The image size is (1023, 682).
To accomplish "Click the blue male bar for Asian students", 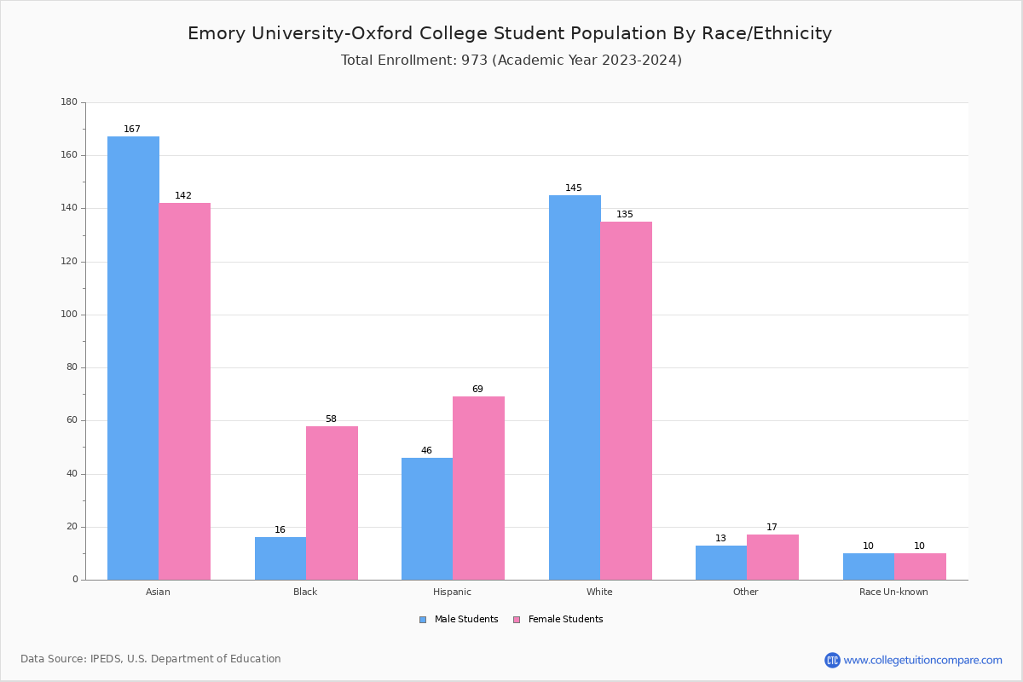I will pos(133,358).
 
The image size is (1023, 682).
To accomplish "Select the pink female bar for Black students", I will pos(332,503).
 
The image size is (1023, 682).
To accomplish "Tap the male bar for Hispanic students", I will pos(427,518).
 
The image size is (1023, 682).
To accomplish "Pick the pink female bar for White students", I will pos(626,401).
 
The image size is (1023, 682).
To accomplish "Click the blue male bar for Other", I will pos(721,563).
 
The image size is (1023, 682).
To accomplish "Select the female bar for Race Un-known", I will pos(920,567).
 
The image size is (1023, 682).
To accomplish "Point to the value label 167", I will pos(132,130).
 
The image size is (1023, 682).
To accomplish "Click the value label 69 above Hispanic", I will pos(477,390).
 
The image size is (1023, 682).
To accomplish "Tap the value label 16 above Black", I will pos(280,530).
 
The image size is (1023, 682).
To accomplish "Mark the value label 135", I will pos(625,215).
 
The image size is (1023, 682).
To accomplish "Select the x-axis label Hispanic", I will pos(452,592).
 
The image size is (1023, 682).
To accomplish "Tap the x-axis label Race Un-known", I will pos(893,592).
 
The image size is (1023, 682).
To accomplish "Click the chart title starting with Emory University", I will pos(510,33).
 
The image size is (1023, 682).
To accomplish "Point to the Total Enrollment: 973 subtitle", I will pos(511,61).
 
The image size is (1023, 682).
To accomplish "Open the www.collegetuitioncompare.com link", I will pos(922,660).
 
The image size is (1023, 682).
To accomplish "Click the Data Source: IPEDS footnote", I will pos(151,659).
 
